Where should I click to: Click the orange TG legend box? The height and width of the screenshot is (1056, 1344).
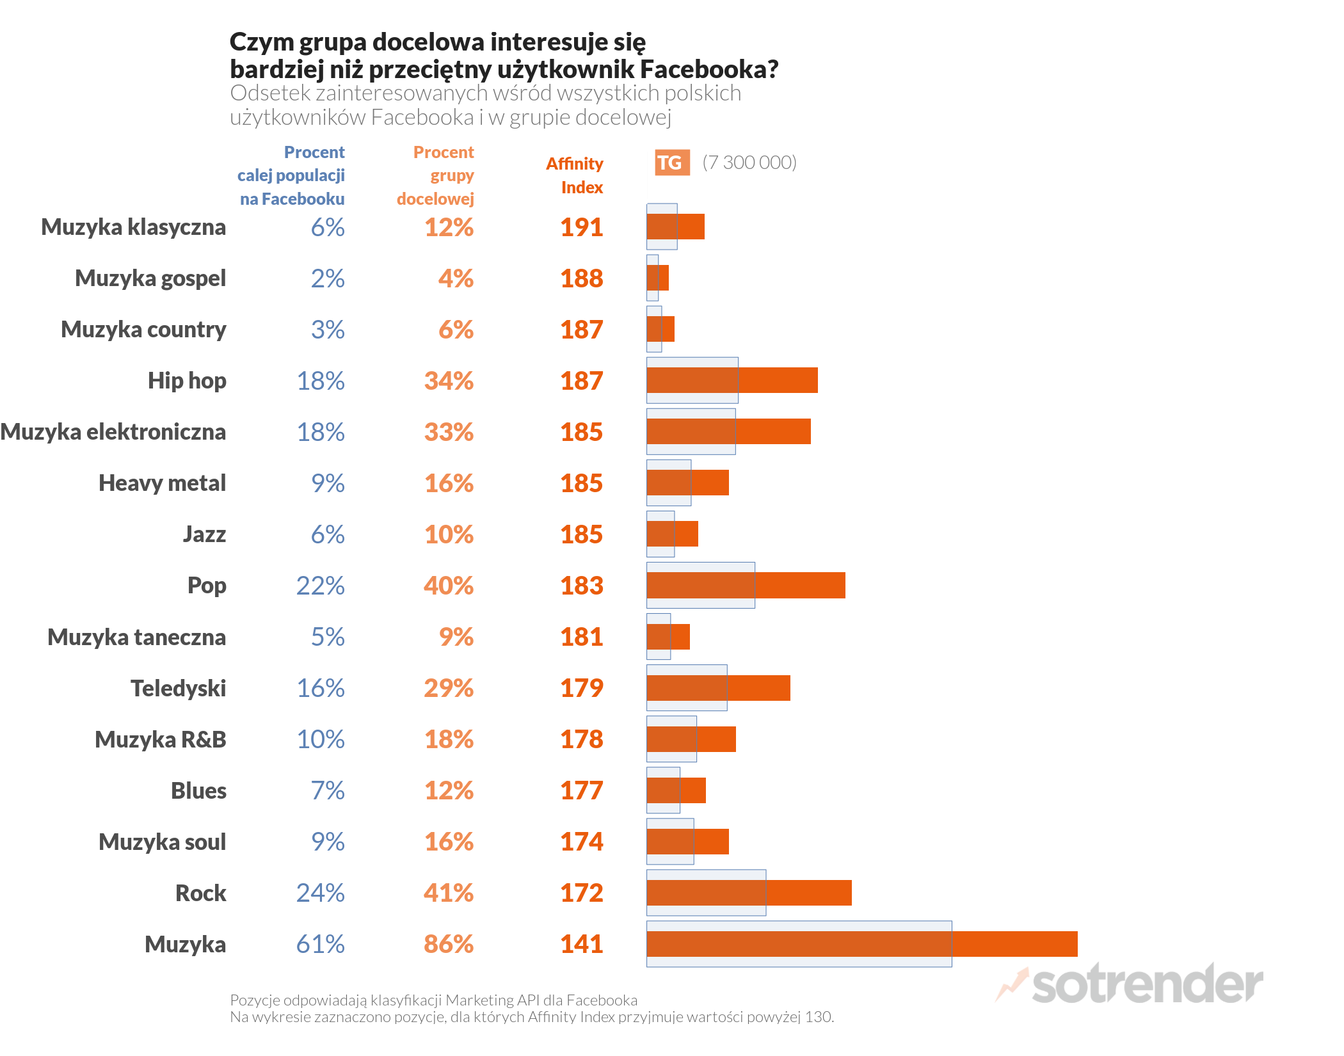point(672,163)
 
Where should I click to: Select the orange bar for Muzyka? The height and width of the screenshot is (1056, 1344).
point(861,944)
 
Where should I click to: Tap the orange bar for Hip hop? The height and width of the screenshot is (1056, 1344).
point(732,381)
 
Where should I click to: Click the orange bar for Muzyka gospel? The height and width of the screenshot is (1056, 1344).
point(658,278)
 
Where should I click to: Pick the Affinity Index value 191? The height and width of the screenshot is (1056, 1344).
point(581,227)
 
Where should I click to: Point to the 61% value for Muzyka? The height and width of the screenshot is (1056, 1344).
point(320,944)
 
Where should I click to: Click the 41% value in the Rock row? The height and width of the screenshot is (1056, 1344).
point(448,893)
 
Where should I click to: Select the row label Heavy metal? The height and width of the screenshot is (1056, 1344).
point(162,483)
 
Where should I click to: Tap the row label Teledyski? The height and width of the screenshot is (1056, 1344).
point(178,688)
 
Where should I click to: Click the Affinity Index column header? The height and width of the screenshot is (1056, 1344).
point(575,175)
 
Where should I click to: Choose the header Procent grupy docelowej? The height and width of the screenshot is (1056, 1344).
point(436,175)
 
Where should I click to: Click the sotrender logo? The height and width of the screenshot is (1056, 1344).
point(1130,984)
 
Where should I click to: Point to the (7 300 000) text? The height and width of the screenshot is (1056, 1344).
point(749,163)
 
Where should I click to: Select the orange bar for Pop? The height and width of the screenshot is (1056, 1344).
point(746,586)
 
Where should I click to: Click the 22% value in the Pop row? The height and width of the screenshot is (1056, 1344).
point(320,586)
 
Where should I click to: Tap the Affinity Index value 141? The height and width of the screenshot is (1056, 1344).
point(581,944)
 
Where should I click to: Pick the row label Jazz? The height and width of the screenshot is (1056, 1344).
point(204,534)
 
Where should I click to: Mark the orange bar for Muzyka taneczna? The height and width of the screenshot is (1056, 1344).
point(668,637)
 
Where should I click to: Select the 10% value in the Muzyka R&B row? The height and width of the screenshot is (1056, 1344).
point(320,739)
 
